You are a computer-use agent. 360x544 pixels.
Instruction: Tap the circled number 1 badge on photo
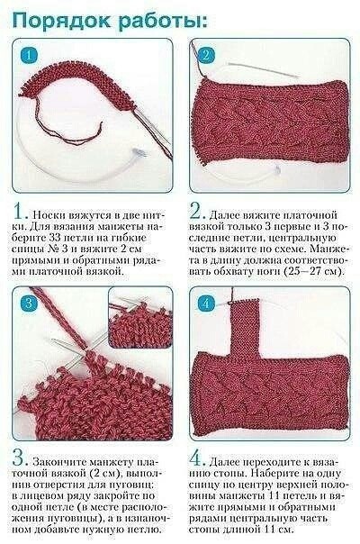[29, 56]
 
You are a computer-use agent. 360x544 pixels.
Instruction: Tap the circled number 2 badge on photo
[206, 56]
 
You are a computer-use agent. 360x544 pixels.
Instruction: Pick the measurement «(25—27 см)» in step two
[310, 270]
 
